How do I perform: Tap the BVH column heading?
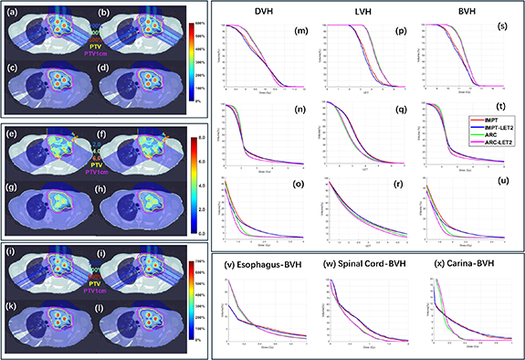[x=457, y=12]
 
